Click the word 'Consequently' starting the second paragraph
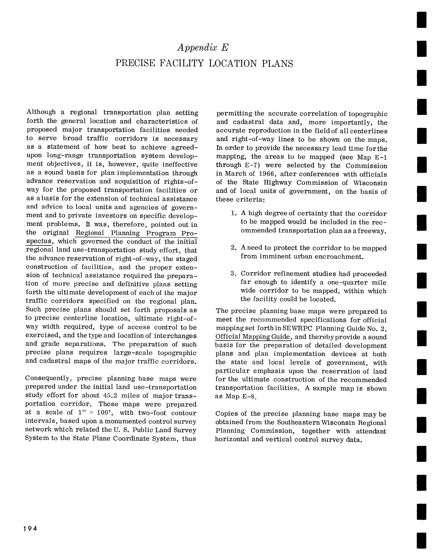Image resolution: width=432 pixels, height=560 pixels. click(49, 378)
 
